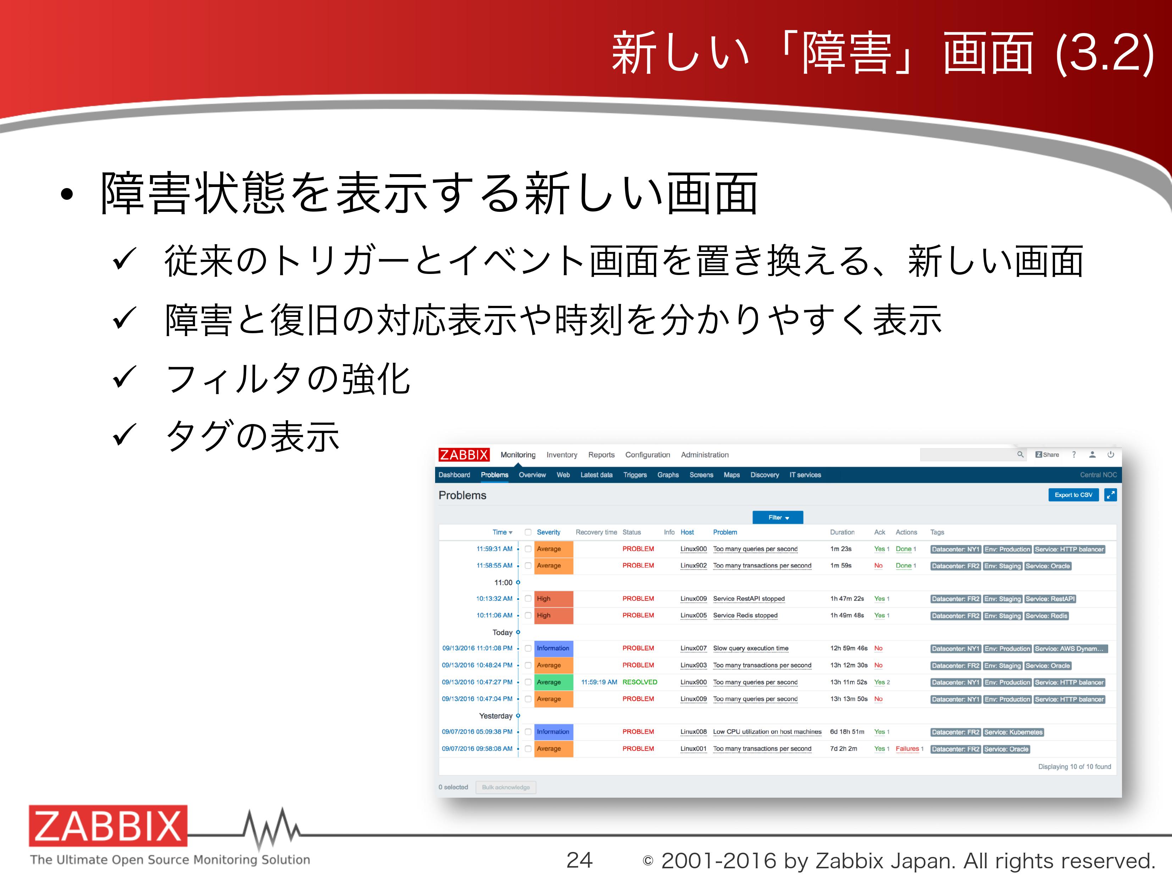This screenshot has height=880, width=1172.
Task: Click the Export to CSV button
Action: click(x=1073, y=495)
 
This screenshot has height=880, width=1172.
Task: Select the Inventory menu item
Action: click(x=562, y=455)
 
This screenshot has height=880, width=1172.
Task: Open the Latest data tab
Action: click(x=596, y=475)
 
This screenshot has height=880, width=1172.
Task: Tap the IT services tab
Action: click(x=805, y=475)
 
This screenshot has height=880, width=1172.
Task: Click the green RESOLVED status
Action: click(x=639, y=682)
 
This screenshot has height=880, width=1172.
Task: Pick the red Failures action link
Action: click(x=907, y=748)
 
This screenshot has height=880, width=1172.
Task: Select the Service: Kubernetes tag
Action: click(x=1013, y=732)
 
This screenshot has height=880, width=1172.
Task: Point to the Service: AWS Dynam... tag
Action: click(x=1070, y=648)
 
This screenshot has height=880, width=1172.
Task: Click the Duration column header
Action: click(x=842, y=532)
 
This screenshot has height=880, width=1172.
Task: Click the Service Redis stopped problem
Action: click(x=745, y=616)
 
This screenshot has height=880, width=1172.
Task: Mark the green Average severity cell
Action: click(x=554, y=682)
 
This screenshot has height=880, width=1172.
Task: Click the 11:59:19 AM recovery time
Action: click(x=599, y=682)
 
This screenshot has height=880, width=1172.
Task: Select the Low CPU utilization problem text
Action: click(x=767, y=732)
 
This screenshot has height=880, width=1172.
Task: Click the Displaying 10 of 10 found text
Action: click(x=1074, y=766)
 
